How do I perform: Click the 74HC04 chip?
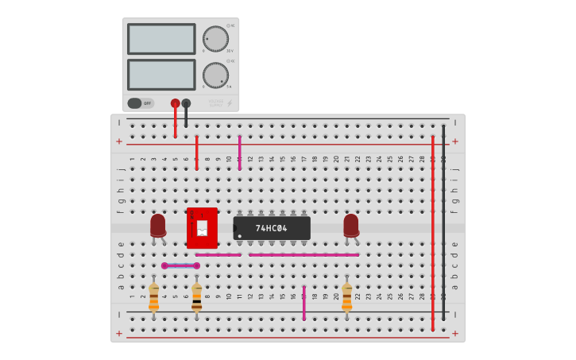point(272,228)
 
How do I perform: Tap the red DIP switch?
point(202,227)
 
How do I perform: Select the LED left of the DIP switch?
point(158,226)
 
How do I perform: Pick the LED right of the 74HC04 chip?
point(350,226)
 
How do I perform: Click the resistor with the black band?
point(196,297)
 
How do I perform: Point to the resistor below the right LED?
point(346,297)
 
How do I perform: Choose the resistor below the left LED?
point(153,297)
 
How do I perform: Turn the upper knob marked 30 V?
point(215,38)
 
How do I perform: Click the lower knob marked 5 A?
point(215,75)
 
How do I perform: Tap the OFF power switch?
point(141,103)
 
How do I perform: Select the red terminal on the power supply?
point(175,103)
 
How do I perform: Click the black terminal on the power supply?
point(186,103)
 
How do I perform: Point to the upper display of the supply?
point(160,39)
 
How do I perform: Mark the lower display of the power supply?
point(160,75)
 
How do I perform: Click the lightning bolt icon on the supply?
point(230,103)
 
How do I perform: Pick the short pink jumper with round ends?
point(180,265)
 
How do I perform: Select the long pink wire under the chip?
point(303,255)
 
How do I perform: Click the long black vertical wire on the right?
point(443,223)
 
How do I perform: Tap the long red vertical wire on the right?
point(433,230)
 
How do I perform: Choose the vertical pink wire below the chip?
point(303,303)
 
